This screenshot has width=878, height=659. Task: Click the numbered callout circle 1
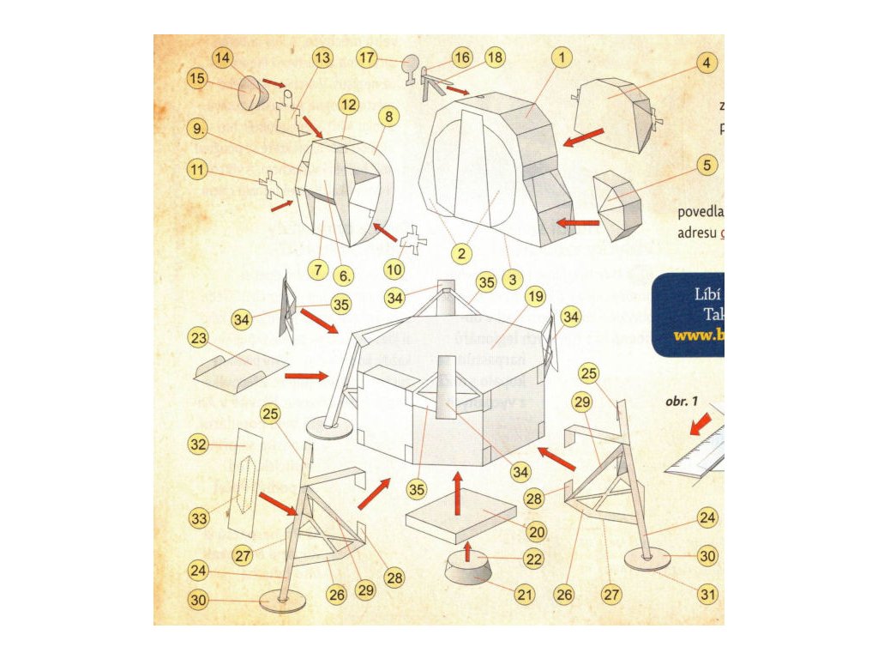coord(561,57)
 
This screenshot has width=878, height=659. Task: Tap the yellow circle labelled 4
coord(706,63)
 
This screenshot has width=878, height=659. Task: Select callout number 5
coord(706,166)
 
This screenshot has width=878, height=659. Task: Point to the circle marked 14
coord(223,58)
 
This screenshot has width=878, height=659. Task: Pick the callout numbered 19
coord(536,298)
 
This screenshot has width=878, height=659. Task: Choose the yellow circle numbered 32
coord(199,444)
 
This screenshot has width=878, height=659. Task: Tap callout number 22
coord(533,559)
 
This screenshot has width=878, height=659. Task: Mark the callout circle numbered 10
coord(394,269)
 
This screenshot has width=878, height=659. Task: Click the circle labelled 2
coord(461,253)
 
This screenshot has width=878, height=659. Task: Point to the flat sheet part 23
coord(240,371)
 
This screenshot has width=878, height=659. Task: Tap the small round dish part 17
coord(411,63)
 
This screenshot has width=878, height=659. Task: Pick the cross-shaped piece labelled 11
coord(272,184)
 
